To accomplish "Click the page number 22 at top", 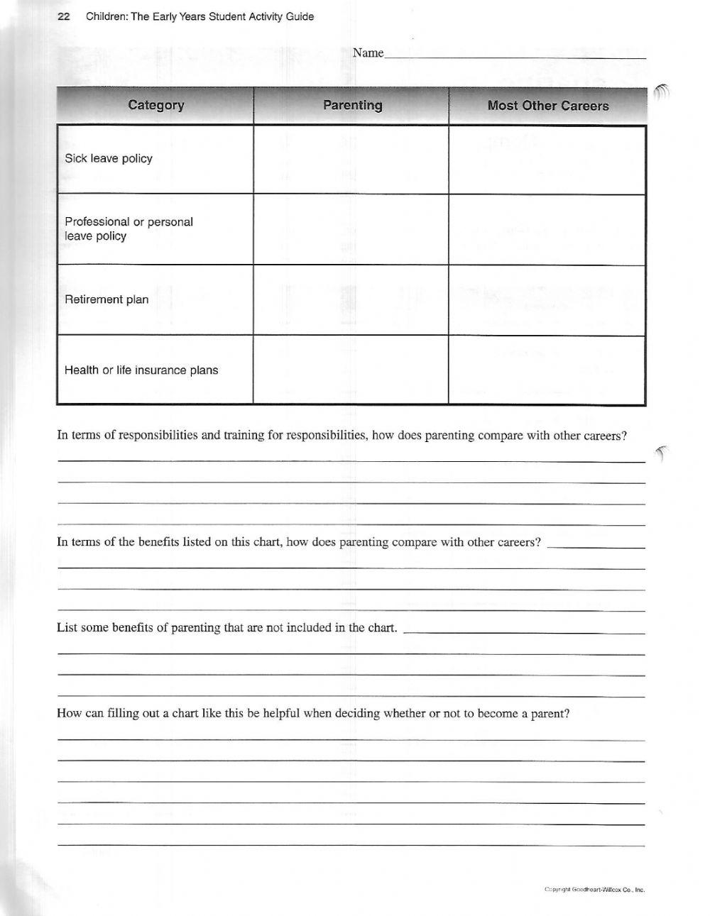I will pyautogui.click(x=62, y=16).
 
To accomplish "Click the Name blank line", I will pyautogui.click(x=515, y=55).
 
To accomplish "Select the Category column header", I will pyautogui.click(x=155, y=106).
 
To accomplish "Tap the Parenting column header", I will pyautogui.click(x=352, y=106).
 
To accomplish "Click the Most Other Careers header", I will pyautogui.click(x=547, y=106).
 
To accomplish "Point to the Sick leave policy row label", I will pyautogui.click(x=109, y=159).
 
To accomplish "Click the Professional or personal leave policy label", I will pyautogui.click(x=129, y=229).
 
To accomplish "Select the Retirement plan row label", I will pyautogui.click(x=106, y=299).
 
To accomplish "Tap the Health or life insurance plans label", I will pyautogui.click(x=141, y=370).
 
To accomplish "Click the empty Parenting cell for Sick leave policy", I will pyautogui.click(x=351, y=160).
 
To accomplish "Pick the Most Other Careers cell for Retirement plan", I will pyautogui.click(x=547, y=300).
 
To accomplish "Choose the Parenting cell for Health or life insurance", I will pyautogui.click(x=351, y=370).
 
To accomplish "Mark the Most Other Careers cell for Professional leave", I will pyautogui.click(x=547, y=230).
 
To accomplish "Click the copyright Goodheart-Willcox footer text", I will pyautogui.click(x=594, y=889).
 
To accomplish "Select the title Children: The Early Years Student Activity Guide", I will pyautogui.click(x=200, y=16).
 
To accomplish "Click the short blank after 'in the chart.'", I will pyautogui.click(x=524, y=631).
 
